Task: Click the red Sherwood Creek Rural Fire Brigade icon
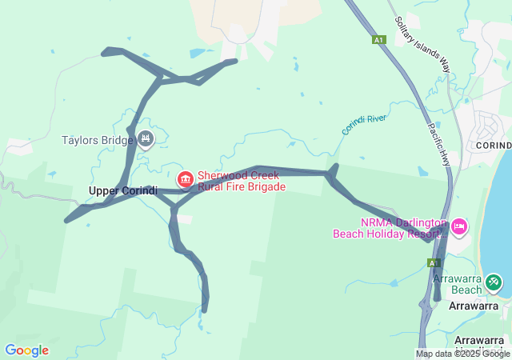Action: [186, 178]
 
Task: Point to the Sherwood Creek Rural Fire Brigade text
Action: [241, 181]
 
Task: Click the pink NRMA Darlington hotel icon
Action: [459, 226]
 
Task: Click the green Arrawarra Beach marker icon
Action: [494, 282]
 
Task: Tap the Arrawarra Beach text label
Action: [457, 283]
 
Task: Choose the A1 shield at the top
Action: [378, 39]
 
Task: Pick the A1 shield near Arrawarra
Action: [434, 262]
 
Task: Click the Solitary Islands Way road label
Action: [422, 46]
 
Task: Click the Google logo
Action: [26, 350]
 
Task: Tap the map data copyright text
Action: [463, 354]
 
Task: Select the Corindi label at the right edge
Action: [493, 145]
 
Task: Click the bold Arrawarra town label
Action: [474, 306]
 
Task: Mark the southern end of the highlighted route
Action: [206, 310]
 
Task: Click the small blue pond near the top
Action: [197, 54]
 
